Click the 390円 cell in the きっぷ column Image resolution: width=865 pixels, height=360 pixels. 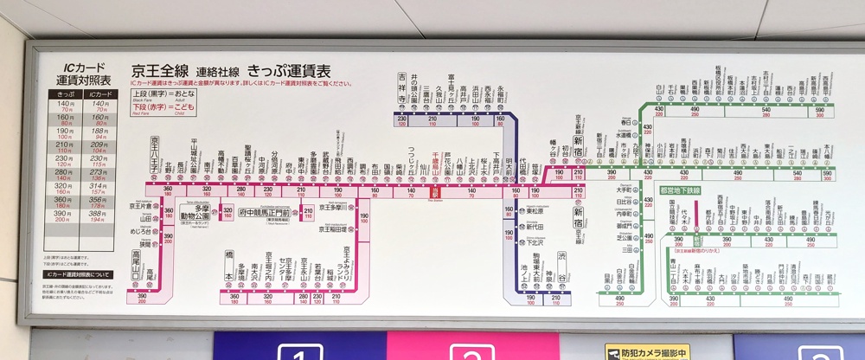click(x=66, y=215)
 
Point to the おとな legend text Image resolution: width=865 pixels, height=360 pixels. click(x=179, y=93)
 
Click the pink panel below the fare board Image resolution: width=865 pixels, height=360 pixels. click(x=472, y=346)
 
